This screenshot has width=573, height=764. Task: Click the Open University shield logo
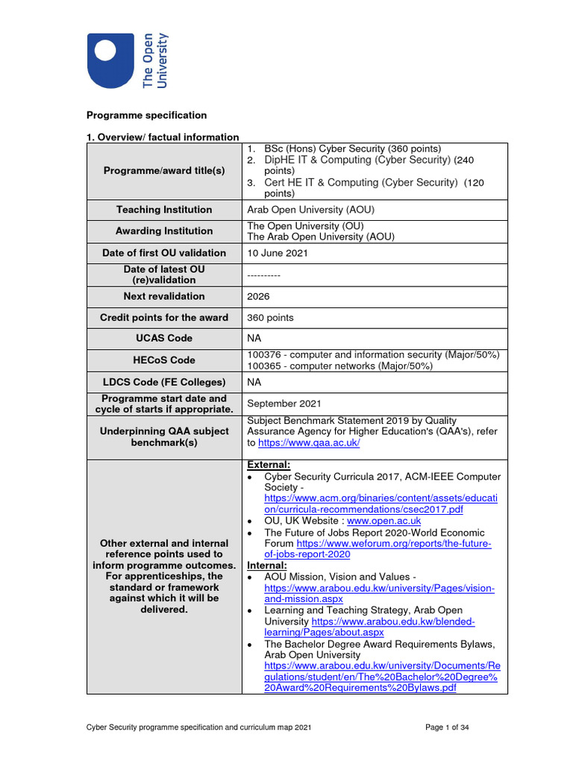coord(112,60)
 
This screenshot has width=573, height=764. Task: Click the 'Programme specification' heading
coord(146,116)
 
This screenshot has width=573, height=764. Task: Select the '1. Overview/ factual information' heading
coord(163,137)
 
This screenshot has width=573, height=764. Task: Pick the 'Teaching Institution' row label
coord(166,210)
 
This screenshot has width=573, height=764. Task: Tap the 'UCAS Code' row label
coord(166,339)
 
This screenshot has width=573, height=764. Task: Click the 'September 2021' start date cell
coord(284,404)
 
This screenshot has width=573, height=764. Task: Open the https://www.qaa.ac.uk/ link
coord(309,443)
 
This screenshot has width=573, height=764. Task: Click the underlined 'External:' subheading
coord(268,465)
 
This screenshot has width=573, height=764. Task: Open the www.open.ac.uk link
coord(384,521)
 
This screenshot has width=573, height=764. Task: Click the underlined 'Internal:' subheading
coord(266,566)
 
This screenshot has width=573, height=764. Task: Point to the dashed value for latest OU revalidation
coord(263,275)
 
